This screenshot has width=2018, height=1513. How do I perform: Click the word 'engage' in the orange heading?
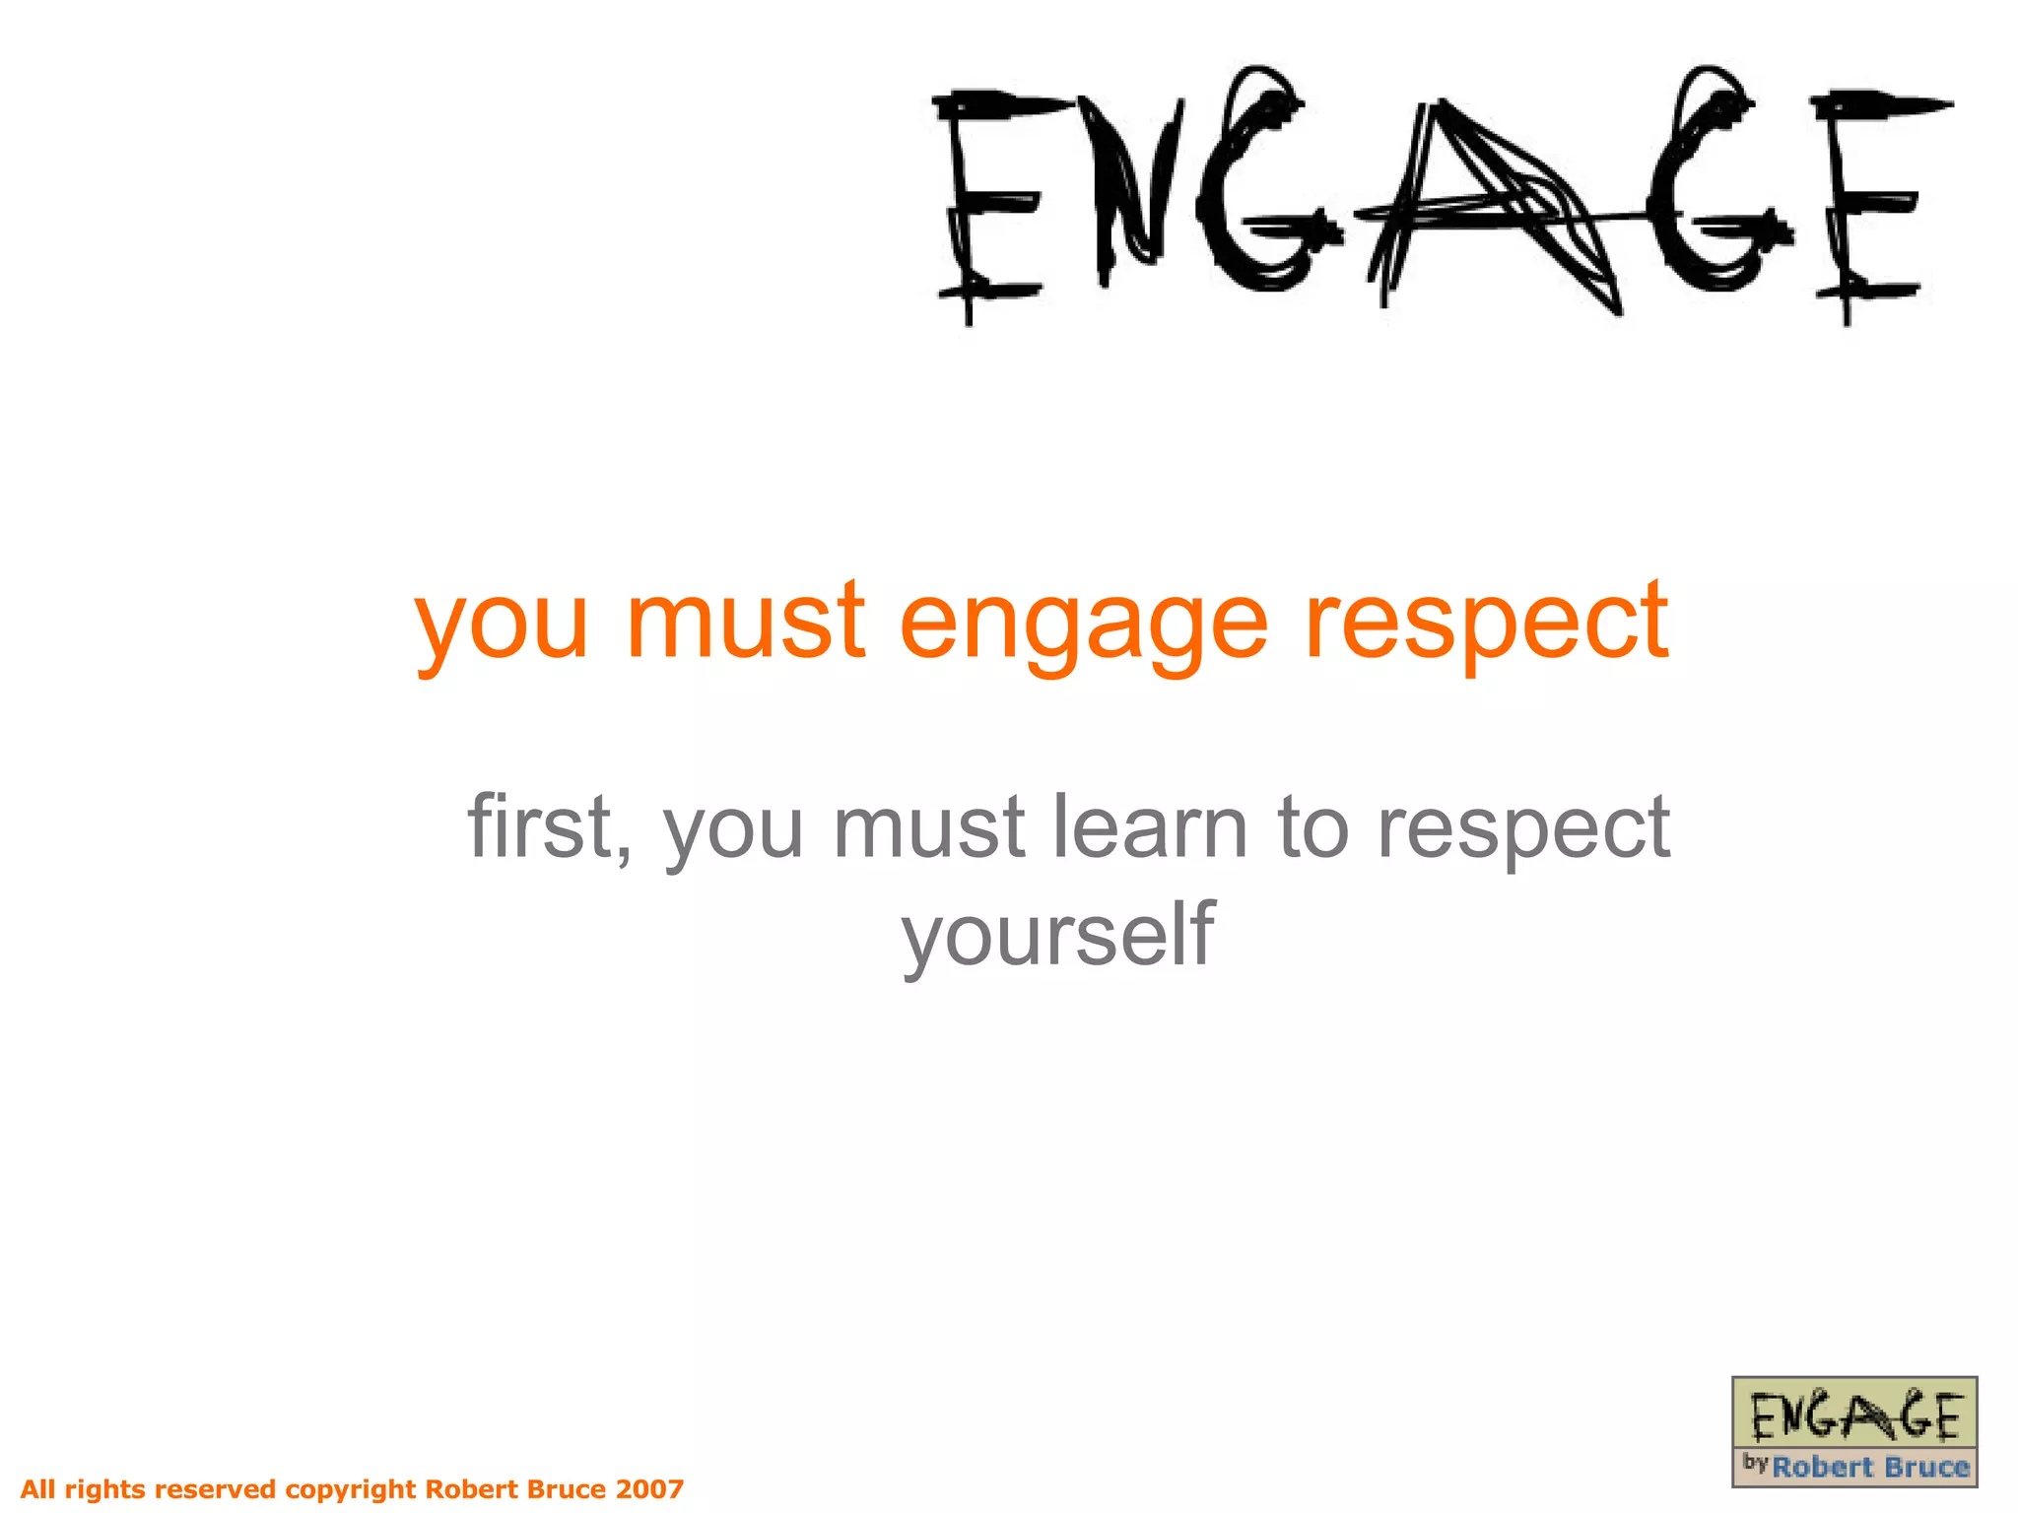1083,625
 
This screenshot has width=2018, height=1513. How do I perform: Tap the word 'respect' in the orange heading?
1486,625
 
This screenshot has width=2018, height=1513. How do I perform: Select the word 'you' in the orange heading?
502,625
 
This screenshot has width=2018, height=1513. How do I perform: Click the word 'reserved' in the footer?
216,1488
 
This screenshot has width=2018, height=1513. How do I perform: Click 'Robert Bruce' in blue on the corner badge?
1870,1468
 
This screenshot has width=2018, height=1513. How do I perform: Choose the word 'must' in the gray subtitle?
928,827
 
